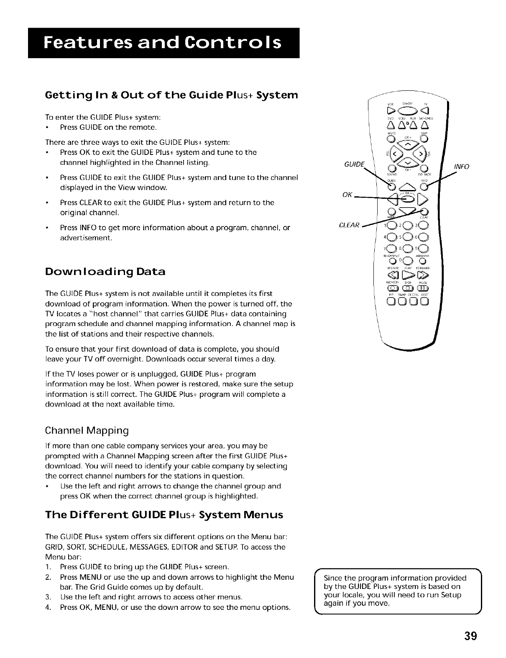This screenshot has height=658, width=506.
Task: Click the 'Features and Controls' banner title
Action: click(164, 43)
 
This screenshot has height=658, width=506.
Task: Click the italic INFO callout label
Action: click(461, 167)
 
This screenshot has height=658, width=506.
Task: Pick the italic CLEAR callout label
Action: click(350, 225)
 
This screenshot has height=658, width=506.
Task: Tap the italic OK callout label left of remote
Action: click(347, 195)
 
